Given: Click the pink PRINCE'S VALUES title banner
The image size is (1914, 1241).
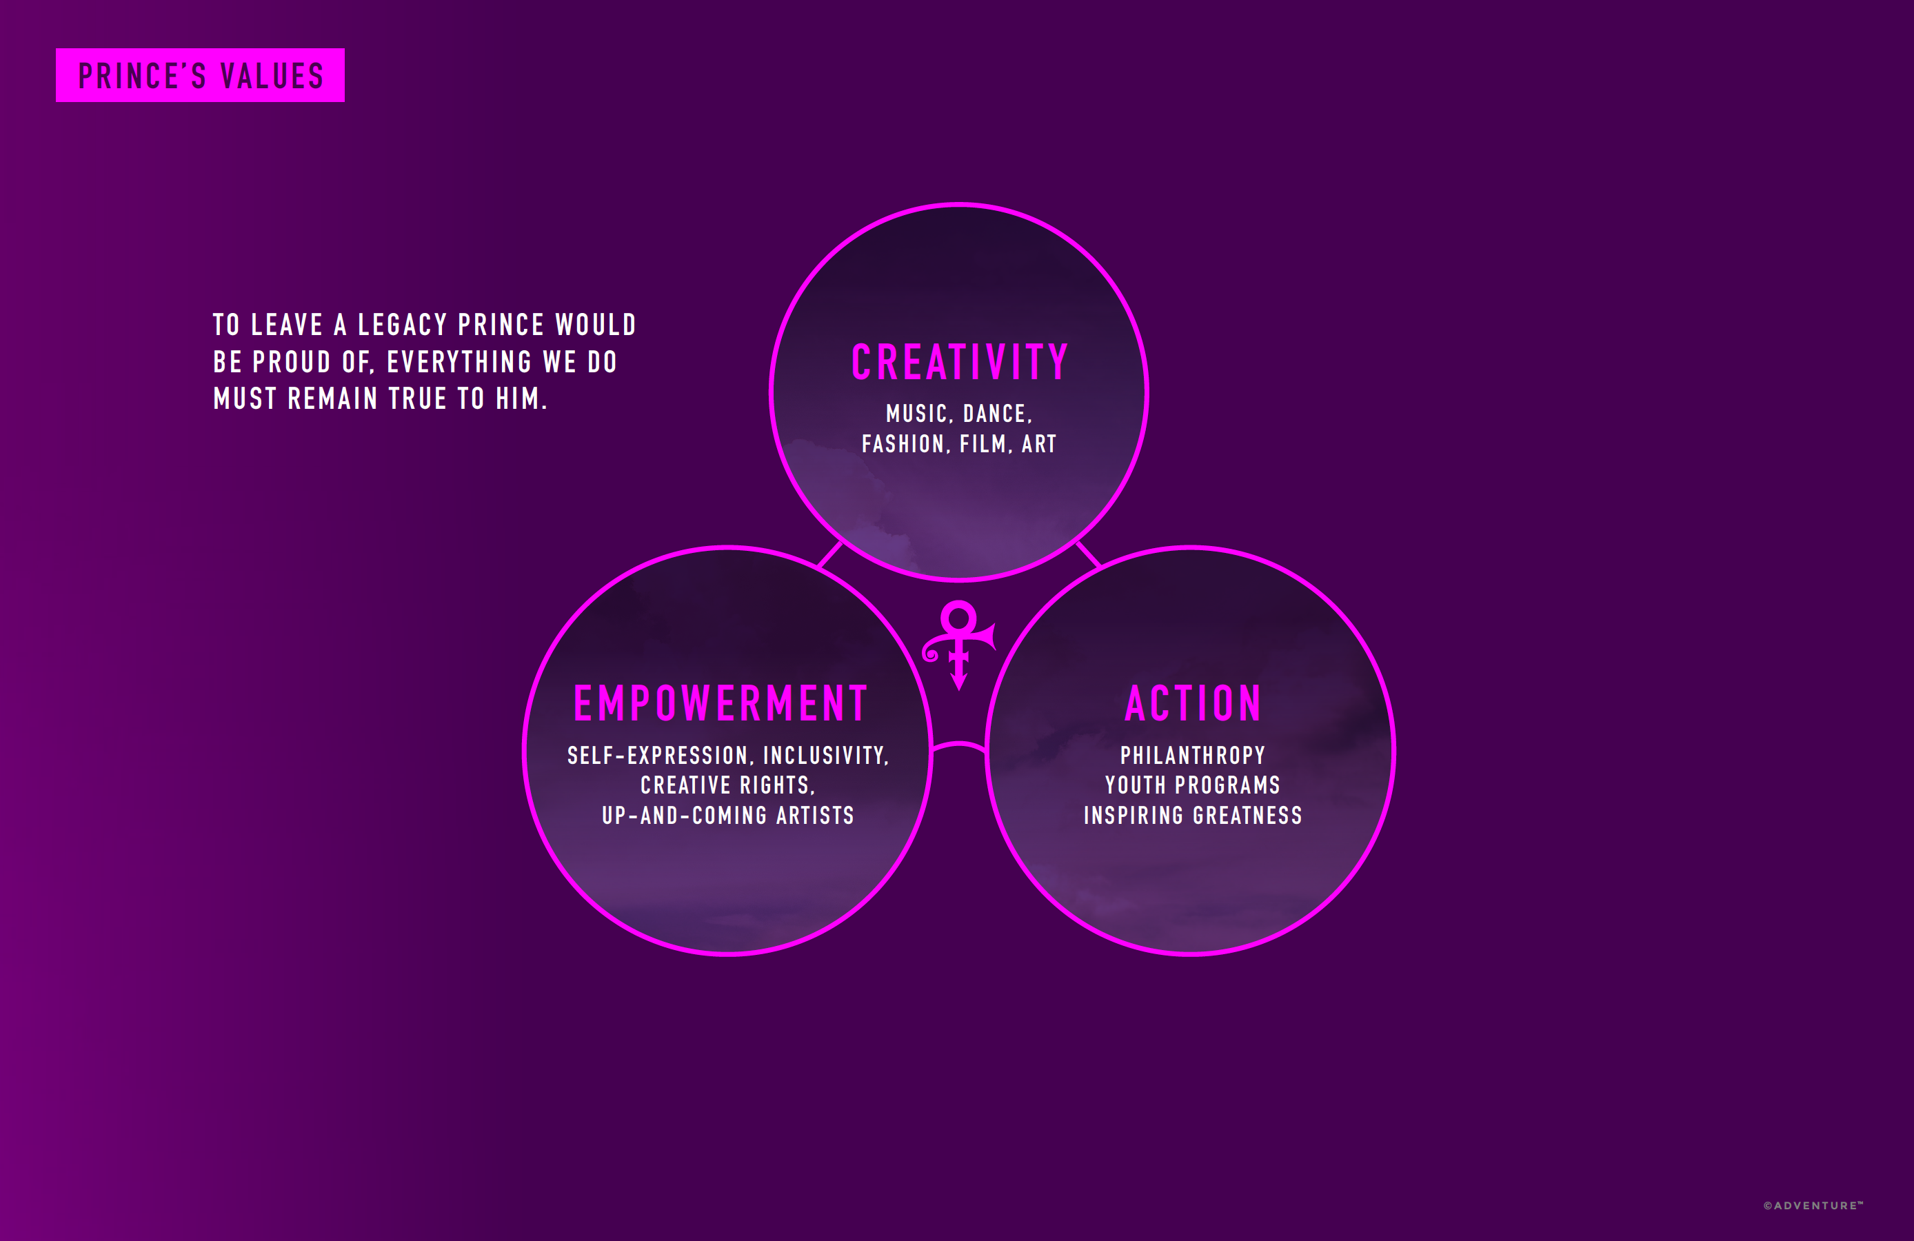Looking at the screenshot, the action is (x=200, y=76).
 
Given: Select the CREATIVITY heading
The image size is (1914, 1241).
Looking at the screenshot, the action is (x=959, y=363).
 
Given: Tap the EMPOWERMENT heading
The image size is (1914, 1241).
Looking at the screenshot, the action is (x=721, y=704).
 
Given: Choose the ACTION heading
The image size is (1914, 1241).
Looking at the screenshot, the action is (x=1193, y=704).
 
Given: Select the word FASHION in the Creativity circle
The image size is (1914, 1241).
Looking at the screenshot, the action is (x=903, y=444).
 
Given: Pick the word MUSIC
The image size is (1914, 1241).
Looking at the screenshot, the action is (x=917, y=414).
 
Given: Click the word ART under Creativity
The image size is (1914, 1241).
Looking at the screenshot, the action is (x=1039, y=444).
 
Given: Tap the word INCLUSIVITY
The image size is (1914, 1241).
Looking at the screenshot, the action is (x=825, y=756).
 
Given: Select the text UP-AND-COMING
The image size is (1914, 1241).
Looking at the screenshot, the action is (x=685, y=816).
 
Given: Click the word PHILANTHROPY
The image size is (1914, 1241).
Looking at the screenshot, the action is (x=1193, y=756).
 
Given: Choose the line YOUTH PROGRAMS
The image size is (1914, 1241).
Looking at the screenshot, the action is (x=1193, y=785).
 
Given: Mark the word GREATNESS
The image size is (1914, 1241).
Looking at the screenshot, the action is (x=1247, y=816).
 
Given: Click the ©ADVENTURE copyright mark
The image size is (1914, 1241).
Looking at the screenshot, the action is (x=1813, y=1206).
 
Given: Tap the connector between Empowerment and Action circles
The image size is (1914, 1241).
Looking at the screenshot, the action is (x=958, y=743).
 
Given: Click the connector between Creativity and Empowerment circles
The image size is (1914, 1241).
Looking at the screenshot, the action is (x=830, y=555).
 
